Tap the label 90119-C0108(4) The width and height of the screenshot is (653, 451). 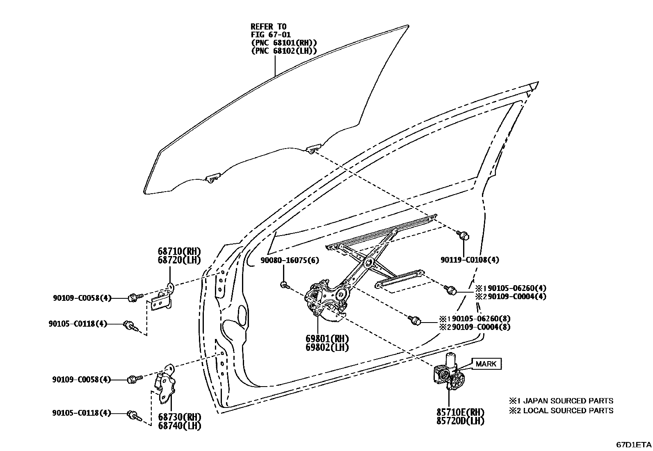point(470,260)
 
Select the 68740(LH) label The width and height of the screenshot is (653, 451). point(180,426)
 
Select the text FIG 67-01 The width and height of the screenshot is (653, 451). point(271,35)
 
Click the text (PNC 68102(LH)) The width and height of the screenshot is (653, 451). point(284,51)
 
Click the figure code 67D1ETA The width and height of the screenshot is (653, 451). point(633,444)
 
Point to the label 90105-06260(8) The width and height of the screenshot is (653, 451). point(478,318)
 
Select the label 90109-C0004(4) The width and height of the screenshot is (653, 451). point(514,296)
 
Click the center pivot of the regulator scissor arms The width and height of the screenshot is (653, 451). point(367,263)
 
